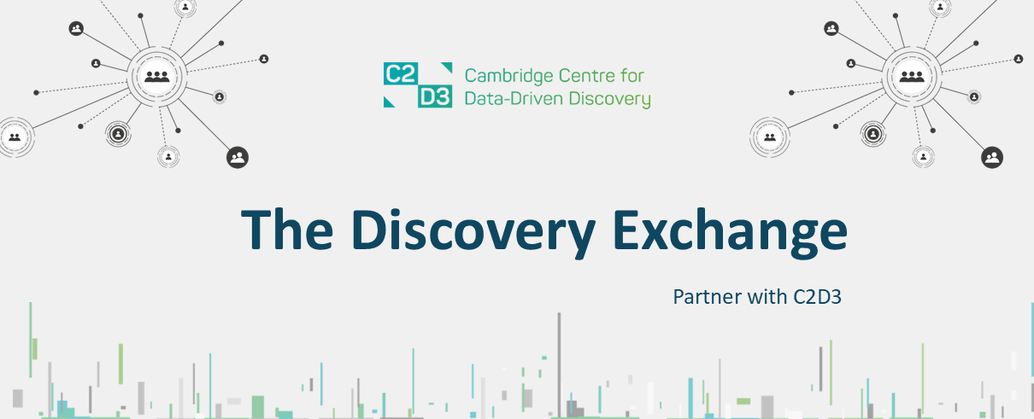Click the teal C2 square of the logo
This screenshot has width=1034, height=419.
click(x=400, y=73)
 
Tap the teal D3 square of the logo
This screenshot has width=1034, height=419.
click(x=435, y=96)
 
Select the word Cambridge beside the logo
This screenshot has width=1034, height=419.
click(x=503, y=75)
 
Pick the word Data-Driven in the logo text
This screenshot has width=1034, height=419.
click(x=506, y=99)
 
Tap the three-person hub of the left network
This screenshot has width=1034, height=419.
click(x=157, y=77)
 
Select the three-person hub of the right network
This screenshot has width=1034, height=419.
click(x=913, y=76)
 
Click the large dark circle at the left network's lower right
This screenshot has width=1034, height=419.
click(x=238, y=157)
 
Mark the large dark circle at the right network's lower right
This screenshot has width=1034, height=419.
click(x=992, y=157)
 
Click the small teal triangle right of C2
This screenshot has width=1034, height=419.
click(x=446, y=67)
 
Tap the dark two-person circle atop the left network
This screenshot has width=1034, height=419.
click(x=77, y=29)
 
